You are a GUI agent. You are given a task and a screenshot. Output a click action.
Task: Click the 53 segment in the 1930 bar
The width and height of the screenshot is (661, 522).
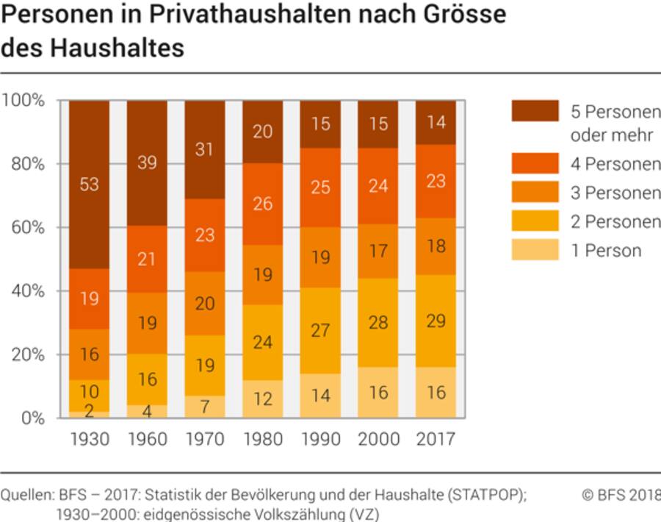pyautogui.click(x=90, y=184)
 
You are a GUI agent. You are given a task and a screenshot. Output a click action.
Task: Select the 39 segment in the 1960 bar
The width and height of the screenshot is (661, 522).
pyautogui.click(x=147, y=163)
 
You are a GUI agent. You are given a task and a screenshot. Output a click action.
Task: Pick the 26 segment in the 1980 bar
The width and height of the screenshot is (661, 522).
pyautogui.click(x=262, y=204)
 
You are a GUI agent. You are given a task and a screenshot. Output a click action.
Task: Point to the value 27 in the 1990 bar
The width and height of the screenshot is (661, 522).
pyautogui.click(x=320, y=330)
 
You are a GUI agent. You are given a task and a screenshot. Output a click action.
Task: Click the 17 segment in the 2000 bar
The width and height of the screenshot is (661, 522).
pyautogui.click(x=378, y=251)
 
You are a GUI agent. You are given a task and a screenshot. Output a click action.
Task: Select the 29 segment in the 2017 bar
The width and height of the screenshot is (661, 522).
pyautogui.click(x=436, y=321)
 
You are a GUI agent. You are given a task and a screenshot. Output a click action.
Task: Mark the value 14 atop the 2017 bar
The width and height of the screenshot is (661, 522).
pyautogui.click(x=436, y=123)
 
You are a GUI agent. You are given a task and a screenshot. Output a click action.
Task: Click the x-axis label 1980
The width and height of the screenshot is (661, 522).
pyautogui.click(x=262, y=440)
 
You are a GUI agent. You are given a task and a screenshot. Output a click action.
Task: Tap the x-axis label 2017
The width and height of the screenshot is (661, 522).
pyautogui.click(x=436, y=440)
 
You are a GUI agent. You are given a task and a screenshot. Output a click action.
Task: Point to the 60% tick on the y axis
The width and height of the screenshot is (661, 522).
pyautogui.click(x=29, y=227)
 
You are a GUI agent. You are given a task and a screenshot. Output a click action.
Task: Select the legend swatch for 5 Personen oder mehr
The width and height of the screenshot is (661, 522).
pyautogui.click(x=535, y=111)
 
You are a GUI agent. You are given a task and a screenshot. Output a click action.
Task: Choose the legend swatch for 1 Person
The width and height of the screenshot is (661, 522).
pyautogui.click(x=535, y=250)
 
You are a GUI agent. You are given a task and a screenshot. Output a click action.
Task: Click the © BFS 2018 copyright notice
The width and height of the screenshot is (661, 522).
pyautogui.click(x=621, y=495)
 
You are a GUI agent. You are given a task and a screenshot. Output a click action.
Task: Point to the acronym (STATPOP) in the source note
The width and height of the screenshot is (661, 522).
pyautogui.click(x=485, y=495)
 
